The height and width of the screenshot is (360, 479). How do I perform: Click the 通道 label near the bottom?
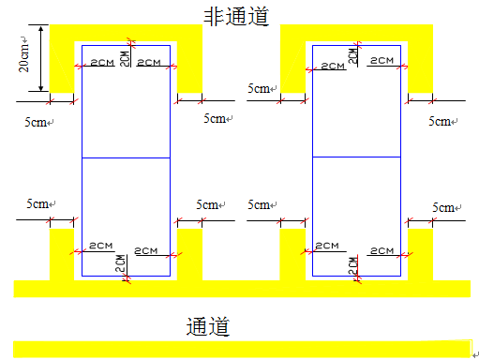click(x=208, y=326)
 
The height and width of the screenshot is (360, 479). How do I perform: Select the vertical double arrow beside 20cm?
click(x=41, y=58)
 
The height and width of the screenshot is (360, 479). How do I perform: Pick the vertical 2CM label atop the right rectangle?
click(x=352, y=54)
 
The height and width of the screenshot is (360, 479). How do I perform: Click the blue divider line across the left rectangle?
click(x=126, y=158)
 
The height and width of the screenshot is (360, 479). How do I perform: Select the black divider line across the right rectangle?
click(x=357, y=156)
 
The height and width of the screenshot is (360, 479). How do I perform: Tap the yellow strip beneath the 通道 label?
click(x=240, y=350)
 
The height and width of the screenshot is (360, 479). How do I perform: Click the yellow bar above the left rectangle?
click(x=126, y=32)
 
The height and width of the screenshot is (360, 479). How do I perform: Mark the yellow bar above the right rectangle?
click(x=356, y=32)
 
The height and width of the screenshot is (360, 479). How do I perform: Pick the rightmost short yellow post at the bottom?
click(x=420, y=253)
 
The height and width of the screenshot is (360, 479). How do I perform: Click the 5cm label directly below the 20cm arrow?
click(x=38, y=121)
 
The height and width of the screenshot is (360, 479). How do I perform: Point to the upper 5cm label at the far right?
click(x=441, y=121)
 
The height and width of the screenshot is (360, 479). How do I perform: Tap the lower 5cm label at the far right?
click(x=443, y=207)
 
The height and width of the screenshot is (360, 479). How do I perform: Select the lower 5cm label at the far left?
click(x=38, y=203)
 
